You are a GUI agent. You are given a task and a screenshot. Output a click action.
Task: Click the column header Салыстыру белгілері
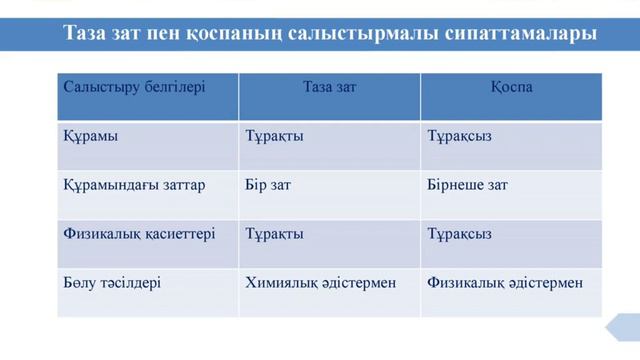(x=134, y=87)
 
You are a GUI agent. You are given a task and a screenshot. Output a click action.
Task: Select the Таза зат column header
(x=329, y=87)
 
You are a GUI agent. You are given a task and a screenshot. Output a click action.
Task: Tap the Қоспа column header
(x=511, y=87)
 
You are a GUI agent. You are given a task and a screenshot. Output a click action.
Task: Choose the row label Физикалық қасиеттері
(x=125, y=234)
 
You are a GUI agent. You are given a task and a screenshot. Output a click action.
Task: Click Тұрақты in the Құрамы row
(x=274, y=137)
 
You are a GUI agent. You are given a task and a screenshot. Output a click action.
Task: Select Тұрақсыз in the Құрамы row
(x=459, y=137)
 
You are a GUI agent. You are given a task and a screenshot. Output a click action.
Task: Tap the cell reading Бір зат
(x=268, y=185)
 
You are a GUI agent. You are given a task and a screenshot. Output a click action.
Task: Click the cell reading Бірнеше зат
(x=467, y=185)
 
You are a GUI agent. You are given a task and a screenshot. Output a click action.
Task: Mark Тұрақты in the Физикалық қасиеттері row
(x=274, y=234)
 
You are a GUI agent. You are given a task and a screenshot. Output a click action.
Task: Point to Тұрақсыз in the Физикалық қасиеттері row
(x=459, y=234)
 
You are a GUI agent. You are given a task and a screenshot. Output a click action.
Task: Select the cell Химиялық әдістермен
(x=320, y=283)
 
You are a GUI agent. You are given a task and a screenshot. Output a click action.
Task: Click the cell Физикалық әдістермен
(x=504, y=283)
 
